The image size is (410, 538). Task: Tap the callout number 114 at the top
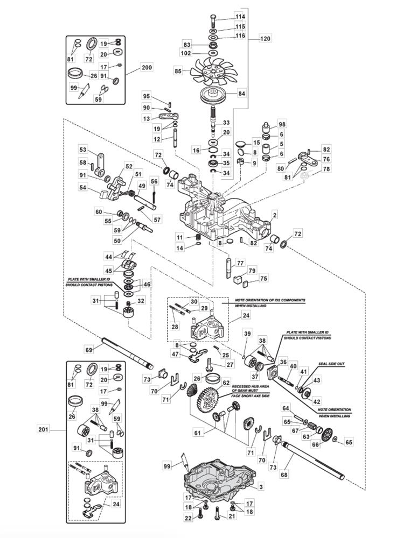click(240, 17)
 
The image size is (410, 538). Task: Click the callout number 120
click(265, 38)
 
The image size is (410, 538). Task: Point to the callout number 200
click(147, 68)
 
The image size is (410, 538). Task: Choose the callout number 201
click(44, 429)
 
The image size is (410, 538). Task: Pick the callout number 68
click(284, 475)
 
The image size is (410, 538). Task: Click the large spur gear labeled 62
click(209, 399)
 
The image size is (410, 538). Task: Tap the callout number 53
click(83, 150)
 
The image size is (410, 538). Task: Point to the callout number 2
click(274, 216)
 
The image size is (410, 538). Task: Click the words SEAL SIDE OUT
click(331, 364)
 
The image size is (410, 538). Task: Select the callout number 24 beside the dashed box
click(246, 315)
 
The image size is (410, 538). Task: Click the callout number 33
click(226, 123)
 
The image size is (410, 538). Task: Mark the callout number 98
click(282, 124)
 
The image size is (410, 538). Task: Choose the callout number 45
click(109, 271)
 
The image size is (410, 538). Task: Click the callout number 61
click(197, 433)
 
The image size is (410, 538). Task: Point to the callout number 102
click(186, 53)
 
